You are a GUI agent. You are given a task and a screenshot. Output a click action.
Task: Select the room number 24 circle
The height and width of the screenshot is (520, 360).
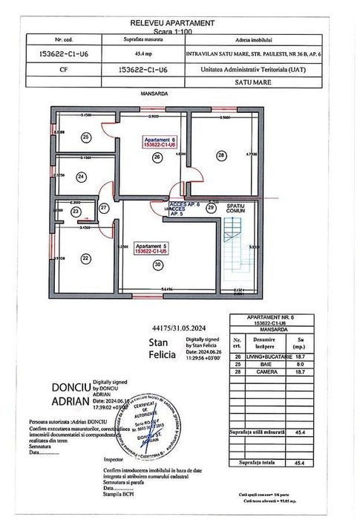(81, 177)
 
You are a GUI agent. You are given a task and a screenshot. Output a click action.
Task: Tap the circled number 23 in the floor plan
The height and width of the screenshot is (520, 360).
(76, 212)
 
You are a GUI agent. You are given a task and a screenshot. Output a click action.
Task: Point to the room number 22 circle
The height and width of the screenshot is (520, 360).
(85, 258)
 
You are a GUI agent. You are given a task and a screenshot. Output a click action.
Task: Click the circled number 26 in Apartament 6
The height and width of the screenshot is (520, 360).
(157, 157)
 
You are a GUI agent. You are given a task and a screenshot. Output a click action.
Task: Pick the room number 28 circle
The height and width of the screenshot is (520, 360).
(220, 155)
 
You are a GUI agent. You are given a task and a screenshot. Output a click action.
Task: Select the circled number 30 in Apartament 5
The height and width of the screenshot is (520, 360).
(157, 264)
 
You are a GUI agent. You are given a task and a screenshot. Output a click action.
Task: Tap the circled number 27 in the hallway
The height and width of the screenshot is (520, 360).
(105, 207)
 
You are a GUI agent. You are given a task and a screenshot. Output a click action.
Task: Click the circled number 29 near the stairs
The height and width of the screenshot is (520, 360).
(210, 208)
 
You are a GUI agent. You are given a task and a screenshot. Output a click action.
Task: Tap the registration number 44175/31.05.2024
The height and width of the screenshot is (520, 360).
(177, 327)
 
